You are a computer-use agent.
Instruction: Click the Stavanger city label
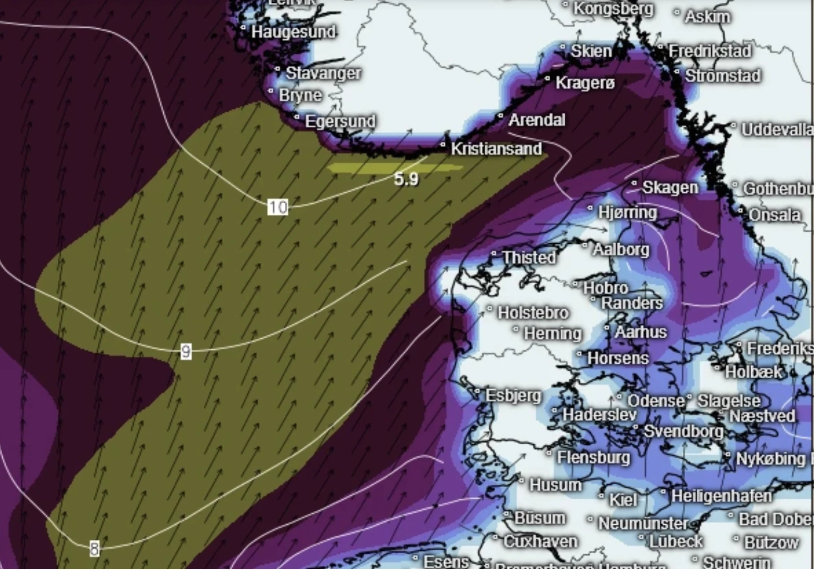[x=323, y=73]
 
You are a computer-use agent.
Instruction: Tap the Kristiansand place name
[x=496, y=149]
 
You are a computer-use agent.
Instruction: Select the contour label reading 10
[x=278, y=207]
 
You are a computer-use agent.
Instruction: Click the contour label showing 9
[x=186, y=351]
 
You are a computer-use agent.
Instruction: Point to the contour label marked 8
[x=94, y=549]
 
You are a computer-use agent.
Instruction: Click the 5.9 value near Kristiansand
[x=406, y=179]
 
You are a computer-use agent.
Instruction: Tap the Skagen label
[x=670, y=188]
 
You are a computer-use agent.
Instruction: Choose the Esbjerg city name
[x=513, y=395]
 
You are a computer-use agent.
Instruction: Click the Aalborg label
[x=621, y=249]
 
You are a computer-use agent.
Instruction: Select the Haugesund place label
[x=293, y=32]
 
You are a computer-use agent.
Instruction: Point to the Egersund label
[x=340, y=121]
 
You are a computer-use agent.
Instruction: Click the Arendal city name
[x=536, y=119]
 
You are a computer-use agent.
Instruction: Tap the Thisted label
[x=529, y=257]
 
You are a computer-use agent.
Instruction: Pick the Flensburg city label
[x=594, y=457]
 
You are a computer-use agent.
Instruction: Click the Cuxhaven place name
[x=540, y=541]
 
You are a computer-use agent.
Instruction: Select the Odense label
[x=655, y=400]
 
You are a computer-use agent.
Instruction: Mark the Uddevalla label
[x=776, y=129]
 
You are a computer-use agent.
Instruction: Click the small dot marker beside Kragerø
[x=547, y=79]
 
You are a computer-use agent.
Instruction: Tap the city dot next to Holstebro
[x=490, y=308]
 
